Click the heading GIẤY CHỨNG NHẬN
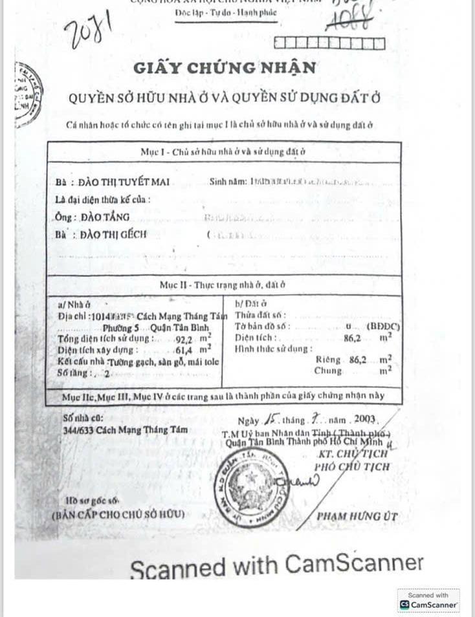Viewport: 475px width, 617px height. pos(225,67)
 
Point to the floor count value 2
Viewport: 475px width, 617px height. pos(107,373)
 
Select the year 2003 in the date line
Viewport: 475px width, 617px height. pos(366,418)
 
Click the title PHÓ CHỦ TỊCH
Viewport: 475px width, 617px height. pos(352,466)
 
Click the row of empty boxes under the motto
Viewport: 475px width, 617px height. pos(329,43)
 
